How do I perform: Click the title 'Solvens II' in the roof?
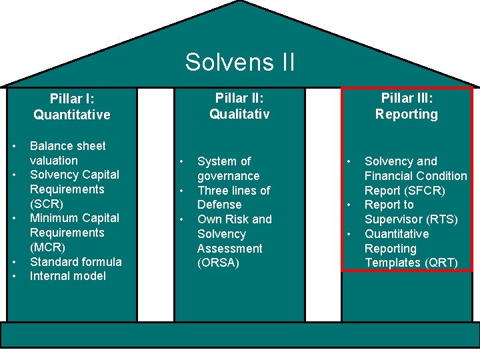pos(240,62)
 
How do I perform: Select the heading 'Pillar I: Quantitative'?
pos(72,107)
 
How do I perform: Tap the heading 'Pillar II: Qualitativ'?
pos(239,106)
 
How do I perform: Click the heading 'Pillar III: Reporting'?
pos(406,106)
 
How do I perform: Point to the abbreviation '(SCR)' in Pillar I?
pos(47,203)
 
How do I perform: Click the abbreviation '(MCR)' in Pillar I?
pos(47,247)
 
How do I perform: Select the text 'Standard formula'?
pos(76,261)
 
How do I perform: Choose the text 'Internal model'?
pos(68,276)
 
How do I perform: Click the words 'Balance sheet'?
pos(68,145)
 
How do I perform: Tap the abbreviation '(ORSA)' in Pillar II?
pos(218,263)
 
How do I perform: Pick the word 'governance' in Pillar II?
pos(229,176)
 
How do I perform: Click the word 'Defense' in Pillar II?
pos(219,205)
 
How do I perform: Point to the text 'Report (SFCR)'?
pos(405,190)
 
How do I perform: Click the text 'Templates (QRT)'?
pos(411,263)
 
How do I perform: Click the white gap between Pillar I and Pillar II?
pos(155,200)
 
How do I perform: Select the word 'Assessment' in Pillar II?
pos(230,248)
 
